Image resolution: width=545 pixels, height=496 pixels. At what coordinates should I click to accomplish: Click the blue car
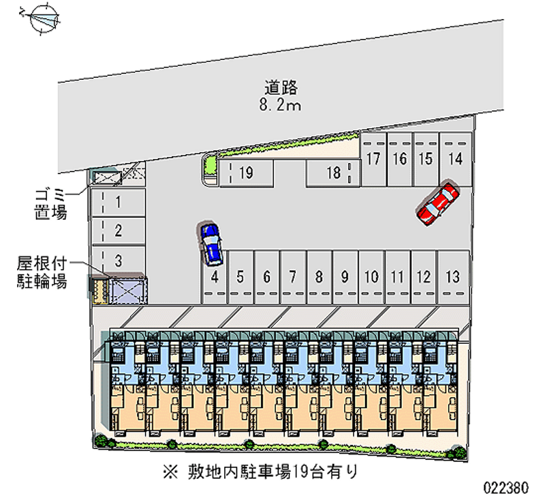(211, 243)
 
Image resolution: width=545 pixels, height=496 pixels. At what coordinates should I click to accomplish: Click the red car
(438, 202)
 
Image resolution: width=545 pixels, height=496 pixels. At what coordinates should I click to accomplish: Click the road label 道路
(281, 88)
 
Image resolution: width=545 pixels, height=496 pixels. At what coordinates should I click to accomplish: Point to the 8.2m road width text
(281, 105)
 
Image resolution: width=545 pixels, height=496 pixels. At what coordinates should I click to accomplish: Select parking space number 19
(246, 173)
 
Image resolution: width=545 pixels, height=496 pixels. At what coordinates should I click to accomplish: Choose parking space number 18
(332, 173)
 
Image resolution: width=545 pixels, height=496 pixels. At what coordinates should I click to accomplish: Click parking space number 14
(456, 159)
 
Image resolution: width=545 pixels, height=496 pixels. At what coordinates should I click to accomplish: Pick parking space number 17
(373, 159)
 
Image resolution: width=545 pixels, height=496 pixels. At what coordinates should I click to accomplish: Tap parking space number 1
(118, 202)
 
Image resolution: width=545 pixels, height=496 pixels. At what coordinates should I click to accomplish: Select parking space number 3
(118, 260)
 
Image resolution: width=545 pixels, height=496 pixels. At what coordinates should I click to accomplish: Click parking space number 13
(451, 277)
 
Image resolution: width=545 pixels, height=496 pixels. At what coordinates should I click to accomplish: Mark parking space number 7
(292, 277)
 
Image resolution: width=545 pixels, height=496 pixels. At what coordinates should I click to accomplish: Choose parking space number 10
(371, 277)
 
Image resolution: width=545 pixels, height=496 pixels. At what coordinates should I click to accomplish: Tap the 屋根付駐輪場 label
(42, 272)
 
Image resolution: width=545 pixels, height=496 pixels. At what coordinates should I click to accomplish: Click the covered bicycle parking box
(126, 289)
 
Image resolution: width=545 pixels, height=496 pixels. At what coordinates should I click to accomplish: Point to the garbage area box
(106, 178)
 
